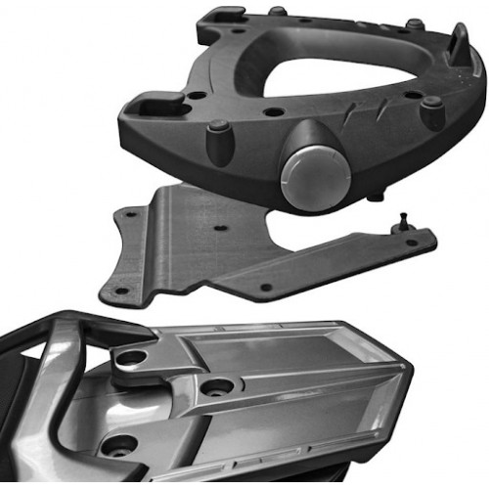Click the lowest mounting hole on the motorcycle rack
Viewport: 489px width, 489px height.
point(120,446)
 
